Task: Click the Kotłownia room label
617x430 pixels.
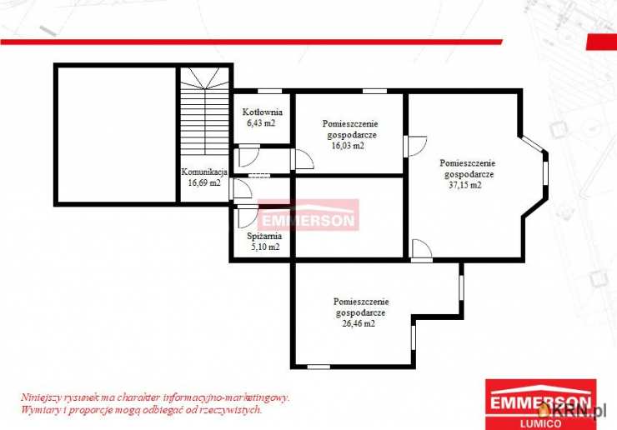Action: point(262,112)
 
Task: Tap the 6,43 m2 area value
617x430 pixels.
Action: point(261,122)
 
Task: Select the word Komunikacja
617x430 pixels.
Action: point(204,172)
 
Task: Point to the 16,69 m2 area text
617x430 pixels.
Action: point(204,183)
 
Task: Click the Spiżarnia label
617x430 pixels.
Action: point(264,236)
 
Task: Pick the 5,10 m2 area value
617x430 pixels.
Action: point(265,247)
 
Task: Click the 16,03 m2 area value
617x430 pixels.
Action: point(348,146)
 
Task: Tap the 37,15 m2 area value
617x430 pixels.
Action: point(464,185)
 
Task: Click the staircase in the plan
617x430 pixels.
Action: point(204,112)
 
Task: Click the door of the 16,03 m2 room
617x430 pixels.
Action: point(303,159)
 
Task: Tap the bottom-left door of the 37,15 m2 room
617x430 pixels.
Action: point(421,250)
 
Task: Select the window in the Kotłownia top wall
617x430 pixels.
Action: point(270,92)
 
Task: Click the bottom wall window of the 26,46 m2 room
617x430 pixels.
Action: point(319,367)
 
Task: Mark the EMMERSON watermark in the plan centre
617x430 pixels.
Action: point(308,215)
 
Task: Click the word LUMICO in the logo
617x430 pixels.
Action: point(540,423)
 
